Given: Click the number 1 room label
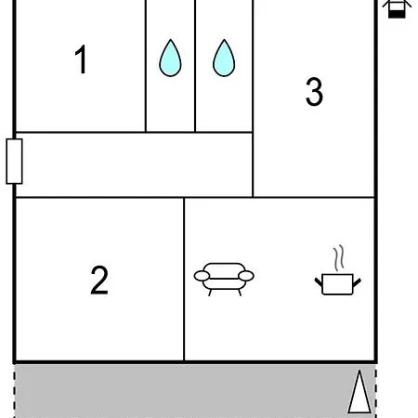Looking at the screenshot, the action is pyautogui.click(x=81, y=59).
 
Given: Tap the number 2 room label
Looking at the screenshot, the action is pyautogui.click(x=99, y=280).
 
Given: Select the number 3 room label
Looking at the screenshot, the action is pyautogui.click(x=314, y=92).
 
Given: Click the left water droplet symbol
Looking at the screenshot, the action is pyautogui.click(x=170, y=58).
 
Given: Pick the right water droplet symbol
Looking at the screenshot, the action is pyautogui.click(x=224, y=58).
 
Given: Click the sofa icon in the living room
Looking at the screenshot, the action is pyautogui.click(x=224, y=280).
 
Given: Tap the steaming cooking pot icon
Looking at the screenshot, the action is pyautogui.click(x=338, y=270).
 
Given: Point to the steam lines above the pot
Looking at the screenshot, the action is pyautogui.click(x=339, y=258).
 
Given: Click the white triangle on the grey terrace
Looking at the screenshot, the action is pyautogui.click(x=359, y=392).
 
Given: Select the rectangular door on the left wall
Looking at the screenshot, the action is pyautogui.click(x=14, y=162).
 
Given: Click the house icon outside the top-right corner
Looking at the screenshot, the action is pyautogui.click(x=397, y=8).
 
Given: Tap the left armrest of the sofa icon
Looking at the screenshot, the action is pyautogui.click(x=202, y=276).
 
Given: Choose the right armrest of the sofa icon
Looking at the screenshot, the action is pyautogui.click(x=246, y=276).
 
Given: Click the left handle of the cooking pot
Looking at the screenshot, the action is pyautogui.click(x=319, y=281).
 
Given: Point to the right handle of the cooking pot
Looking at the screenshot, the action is pyautogui.click(x=357, y=282).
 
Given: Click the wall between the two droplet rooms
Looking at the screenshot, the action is pyautogui.click(x=195, y=66).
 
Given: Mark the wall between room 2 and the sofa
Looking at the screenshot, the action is pyautogui.click(x=184, y=279).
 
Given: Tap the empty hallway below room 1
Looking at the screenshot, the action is pyautogui.click(x=134, y=164).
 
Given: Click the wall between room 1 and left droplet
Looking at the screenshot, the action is pyautogui.click(x=146, y=66).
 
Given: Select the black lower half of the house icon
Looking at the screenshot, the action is pyautogui.click(x=397, y=14).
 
